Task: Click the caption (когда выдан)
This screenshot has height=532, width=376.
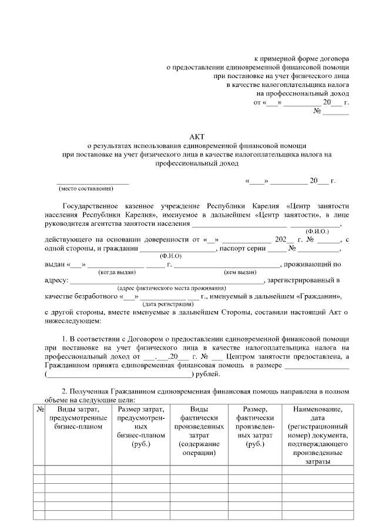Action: tap(117, 272)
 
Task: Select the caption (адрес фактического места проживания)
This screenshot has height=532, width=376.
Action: tap(172, 288)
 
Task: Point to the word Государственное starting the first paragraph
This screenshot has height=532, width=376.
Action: tap(91, 206)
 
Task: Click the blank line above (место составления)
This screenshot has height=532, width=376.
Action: tap(92, 182)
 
